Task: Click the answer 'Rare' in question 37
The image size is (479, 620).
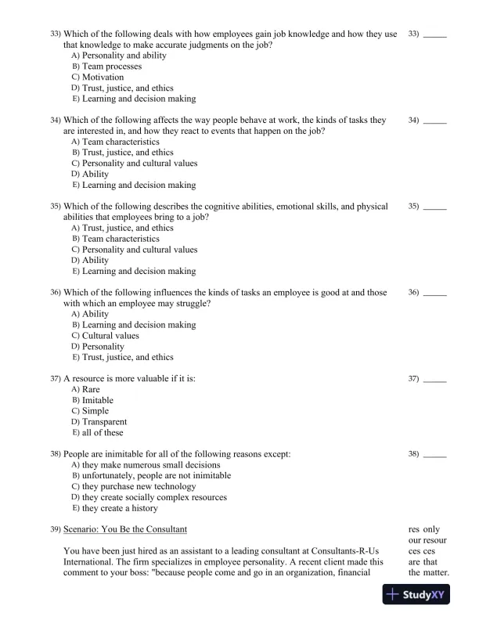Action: (x=91, y=389)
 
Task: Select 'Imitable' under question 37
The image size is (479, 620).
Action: (x=97, y=400)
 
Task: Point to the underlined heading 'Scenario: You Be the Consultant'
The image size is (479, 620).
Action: (x=125, y=530)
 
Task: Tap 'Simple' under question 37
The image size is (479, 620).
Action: (x=95, y=411)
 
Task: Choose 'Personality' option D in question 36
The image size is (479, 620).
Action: (x=103, y=346)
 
